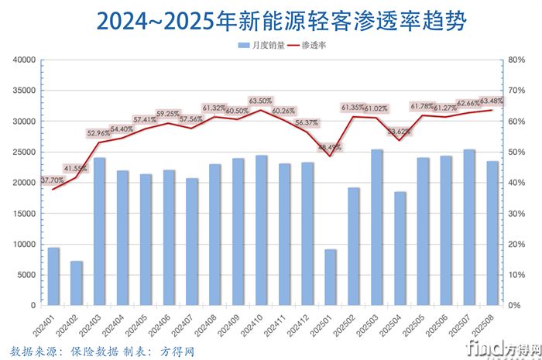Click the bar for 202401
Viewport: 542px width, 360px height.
point(53,276)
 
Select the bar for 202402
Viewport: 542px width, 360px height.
point(77,283)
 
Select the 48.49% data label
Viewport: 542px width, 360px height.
point(328,146)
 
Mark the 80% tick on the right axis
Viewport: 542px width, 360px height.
point(516,60)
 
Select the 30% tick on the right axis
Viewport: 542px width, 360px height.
point(516,214)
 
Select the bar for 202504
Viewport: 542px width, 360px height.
point(400,249)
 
